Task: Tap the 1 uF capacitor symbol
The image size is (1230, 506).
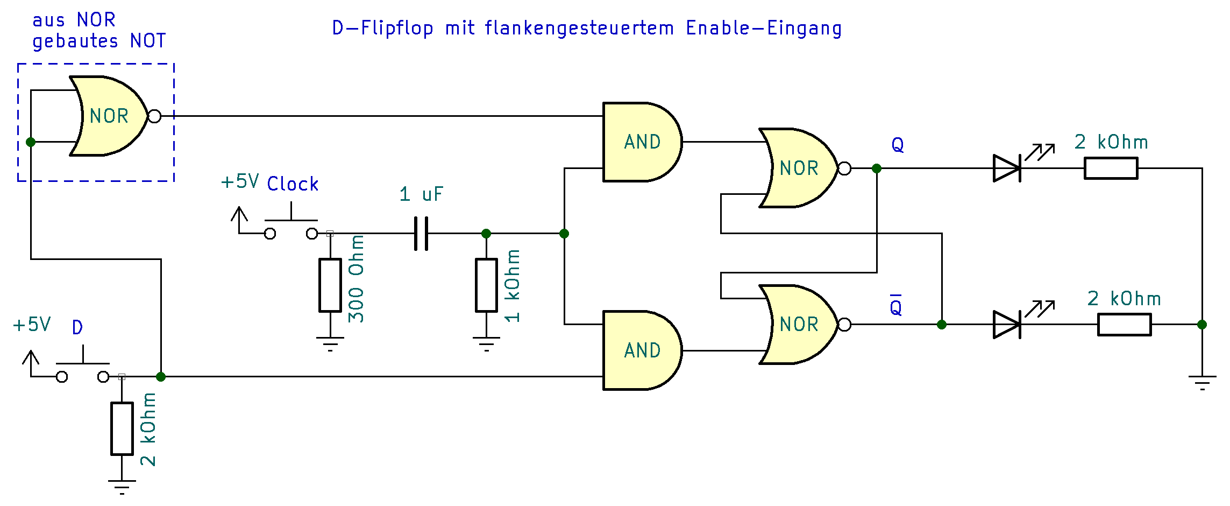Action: [421, 234]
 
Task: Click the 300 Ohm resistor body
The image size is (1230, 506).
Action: [330, 285]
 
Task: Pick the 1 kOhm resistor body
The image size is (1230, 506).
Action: [486, 285]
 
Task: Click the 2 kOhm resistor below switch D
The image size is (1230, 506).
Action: [122, 428]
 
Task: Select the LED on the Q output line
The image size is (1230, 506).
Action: [1007, 168]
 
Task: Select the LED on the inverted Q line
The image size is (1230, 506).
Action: [1007, 325]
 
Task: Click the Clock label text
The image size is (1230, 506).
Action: [293, 184]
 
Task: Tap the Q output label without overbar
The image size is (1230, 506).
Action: [898, 145]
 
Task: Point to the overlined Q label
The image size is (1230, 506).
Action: [895, 306]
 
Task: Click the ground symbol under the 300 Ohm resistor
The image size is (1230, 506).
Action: [330, 343]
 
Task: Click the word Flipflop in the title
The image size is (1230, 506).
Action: [397, 28]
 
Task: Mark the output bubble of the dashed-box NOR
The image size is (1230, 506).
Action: [154, 116]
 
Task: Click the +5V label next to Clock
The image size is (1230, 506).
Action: [240, 181]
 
